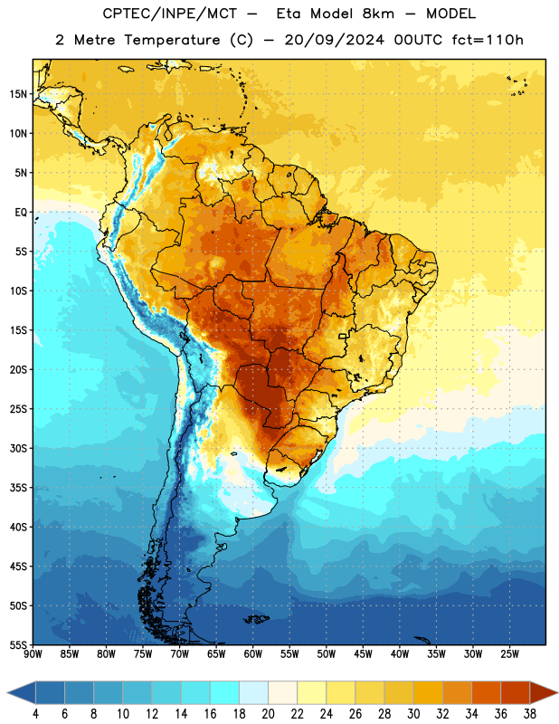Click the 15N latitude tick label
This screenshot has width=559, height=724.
(x=18, y=94)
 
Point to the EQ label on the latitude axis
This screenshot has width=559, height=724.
(x=21, y=213)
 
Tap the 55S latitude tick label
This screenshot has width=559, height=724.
(x=18, y=644)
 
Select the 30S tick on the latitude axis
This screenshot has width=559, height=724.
(x=18, y=448)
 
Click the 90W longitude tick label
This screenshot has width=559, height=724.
(x=33, y=654)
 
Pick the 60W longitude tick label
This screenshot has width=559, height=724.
(x=253, y=654)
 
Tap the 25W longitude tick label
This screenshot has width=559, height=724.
(x=509, y=654)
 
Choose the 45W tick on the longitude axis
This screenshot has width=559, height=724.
(x=363, y=654)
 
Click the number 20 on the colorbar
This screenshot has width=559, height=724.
(x=268, y=714)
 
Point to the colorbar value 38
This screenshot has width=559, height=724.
(x=530, y=714)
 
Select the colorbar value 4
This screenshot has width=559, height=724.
(x=35, y=714)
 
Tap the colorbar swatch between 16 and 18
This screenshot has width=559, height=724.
(x=224, y=692)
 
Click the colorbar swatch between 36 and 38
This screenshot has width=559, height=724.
(x=516, y=692)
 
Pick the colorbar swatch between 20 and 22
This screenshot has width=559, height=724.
(x=282, y=692)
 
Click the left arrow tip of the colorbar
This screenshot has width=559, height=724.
(x=7, y=692)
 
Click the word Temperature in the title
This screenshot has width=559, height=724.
(x=172, y=41)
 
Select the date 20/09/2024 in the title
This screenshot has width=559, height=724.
(x=334, y=40)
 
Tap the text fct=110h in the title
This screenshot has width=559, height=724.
(x=488, y=40)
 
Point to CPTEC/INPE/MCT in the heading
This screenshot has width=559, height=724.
(x=169, y=14)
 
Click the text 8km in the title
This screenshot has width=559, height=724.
(x=378, y=14)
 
